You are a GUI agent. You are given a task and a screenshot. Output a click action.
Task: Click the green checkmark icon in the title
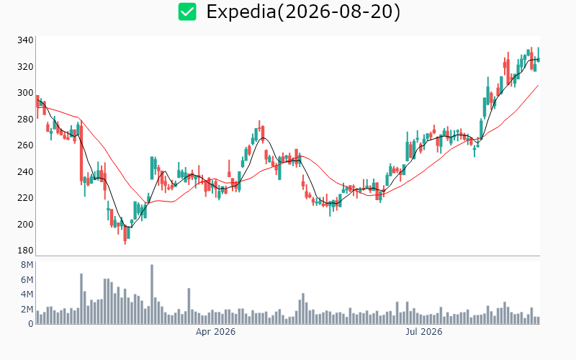click(187, 12)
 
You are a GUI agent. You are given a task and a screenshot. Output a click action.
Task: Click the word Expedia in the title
click(240, 12)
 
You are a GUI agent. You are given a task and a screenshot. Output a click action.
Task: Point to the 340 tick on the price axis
click(25, 40)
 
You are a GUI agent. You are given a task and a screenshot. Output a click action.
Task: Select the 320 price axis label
click(25, 66)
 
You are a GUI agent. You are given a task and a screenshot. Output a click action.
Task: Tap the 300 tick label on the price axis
click(25, 93)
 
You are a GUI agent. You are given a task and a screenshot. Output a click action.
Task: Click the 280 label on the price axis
click(25, 119)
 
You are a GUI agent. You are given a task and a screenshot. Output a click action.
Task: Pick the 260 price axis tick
click(25, 145)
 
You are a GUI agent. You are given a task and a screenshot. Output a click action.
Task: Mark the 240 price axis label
click(25, 171)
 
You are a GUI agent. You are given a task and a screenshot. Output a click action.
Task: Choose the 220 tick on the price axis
click(25, 197)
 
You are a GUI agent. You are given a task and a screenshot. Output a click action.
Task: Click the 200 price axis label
click(25, 224)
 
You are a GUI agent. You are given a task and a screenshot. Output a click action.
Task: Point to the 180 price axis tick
click(25, 250)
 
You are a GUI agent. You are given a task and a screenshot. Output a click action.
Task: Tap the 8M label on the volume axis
click(27, 265)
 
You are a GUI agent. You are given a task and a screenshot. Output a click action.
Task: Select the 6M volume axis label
click(27, 280)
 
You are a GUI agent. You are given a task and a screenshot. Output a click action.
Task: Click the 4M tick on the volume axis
click(27, 294)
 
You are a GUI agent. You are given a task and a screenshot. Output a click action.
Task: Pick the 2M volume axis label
click(27, 310)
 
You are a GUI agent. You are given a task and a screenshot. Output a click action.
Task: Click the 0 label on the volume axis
click(30, 324)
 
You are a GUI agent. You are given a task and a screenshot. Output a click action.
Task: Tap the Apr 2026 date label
click(215, 332)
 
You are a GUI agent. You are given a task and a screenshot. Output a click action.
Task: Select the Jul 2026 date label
click(424, 332)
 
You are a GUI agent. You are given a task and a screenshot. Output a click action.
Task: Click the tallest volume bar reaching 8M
click(152, 294)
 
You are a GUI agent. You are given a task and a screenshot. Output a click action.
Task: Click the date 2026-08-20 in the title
click(338, 12)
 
